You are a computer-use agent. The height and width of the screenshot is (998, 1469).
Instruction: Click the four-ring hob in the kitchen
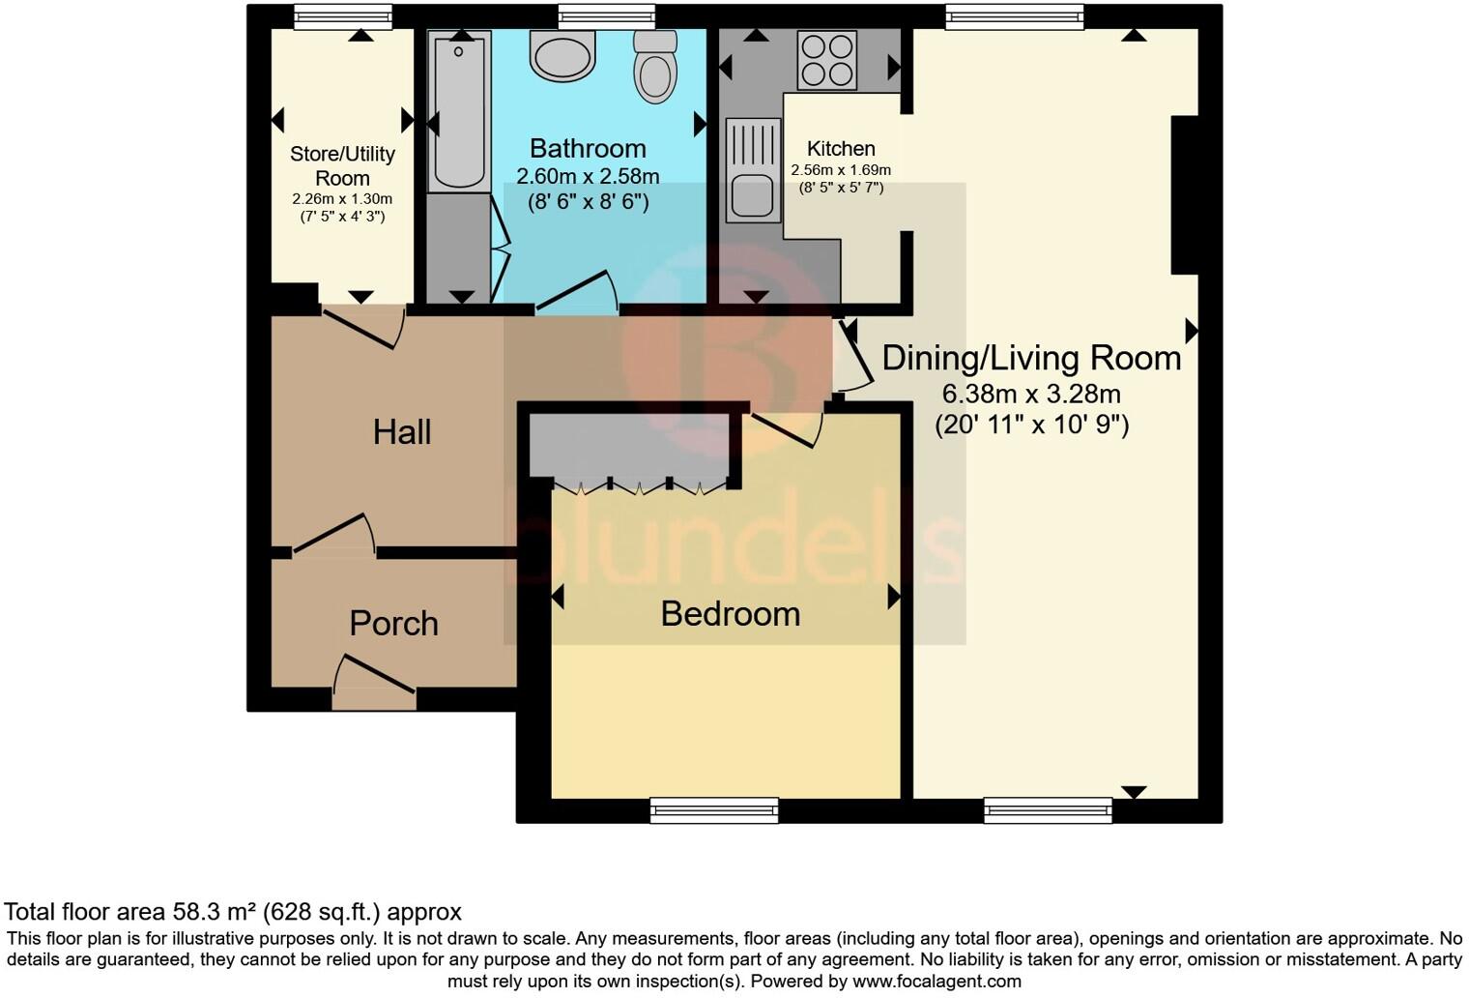click(x=826, y=60)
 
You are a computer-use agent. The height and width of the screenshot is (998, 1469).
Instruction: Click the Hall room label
click(x=401, y=432)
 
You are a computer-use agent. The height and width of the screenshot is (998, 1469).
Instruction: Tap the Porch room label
click(x=393, y=624)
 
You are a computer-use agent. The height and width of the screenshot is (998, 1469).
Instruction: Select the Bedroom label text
click(x=730, y=614)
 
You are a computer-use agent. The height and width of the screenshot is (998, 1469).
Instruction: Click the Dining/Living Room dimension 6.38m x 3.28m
click(x=1031, y=395)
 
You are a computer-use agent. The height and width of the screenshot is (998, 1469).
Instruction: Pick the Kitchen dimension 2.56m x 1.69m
click(x=841, y=170)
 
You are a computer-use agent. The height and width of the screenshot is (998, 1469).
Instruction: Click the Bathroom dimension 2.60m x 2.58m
click(x=588, y=176)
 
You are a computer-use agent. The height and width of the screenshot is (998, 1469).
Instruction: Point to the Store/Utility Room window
click(x=343, y=16)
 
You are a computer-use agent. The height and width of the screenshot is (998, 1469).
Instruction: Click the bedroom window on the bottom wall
click(x=714, y=809)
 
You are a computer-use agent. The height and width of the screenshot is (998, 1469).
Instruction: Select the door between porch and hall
click(x=334, y=535)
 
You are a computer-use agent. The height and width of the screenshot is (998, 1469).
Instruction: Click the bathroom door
click(x=577, y=292)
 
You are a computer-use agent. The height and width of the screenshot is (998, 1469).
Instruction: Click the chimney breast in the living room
click(x=1185, y=194)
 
